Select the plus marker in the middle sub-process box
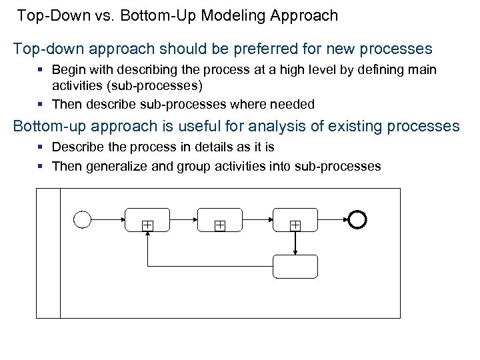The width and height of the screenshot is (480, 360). pyautogui.click(x=219, y=226)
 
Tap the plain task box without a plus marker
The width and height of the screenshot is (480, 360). pyautogui.click(x=295, y=267)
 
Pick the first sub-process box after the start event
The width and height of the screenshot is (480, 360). pyautogui.click(x=147, y=219)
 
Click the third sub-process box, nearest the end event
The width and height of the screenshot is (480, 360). pyautogui.click(x=295, y=219)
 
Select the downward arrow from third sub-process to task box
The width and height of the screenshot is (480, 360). pyautogui.click(x=295, y=243)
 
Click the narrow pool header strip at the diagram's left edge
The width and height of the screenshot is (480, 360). pyautogui.click(x=48, y=253)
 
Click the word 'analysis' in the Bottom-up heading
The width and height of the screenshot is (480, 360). pyautogui.click(x=287, y=125)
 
